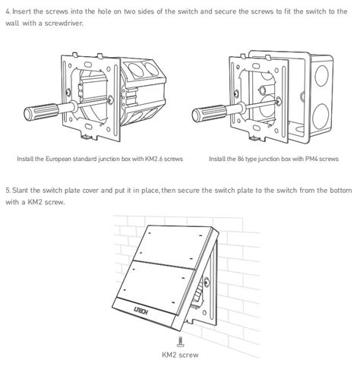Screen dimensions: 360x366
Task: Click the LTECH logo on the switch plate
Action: click(141, 310)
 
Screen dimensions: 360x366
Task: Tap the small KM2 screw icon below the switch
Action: click(180, 342)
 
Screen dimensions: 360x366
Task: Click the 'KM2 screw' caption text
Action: click(180, 355)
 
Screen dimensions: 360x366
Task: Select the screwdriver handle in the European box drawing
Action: click(42, 112)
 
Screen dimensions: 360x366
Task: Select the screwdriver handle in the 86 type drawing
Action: click(210, 113)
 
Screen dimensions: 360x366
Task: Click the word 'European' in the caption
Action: click(58, 159)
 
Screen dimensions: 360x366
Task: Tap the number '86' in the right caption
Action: click(241, 159)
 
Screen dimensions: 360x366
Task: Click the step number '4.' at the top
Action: click(8, 11)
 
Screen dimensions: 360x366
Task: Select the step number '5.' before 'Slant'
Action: click(8, 191)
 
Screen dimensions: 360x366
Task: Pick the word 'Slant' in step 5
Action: click(21, 191)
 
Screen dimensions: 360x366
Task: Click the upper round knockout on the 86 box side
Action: click(322, 75)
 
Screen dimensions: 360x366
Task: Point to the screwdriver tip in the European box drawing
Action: click(110, 100)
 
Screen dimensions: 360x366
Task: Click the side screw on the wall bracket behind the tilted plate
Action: click(207, 281)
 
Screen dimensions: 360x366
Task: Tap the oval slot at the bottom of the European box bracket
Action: click(88, 126)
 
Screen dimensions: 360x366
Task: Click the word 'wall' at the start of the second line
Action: click(12, 24)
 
